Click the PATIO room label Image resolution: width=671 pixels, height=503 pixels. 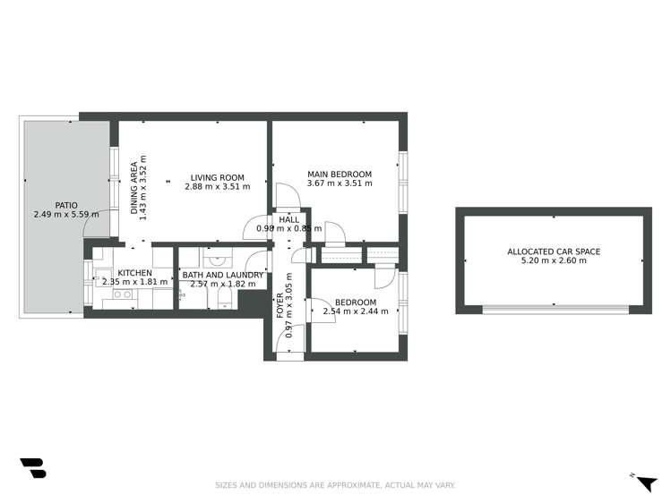pos(65,204)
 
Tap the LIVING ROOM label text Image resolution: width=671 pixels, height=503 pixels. pos(217,176)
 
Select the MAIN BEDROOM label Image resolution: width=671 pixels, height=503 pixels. pos(339,174)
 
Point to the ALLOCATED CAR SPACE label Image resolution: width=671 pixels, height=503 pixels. pos(553,251)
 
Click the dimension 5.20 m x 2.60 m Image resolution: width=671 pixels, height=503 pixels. pos(553,261)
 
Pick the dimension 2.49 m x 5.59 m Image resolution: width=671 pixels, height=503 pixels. pos(65,215)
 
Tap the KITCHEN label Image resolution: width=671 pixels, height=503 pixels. pos(133,273)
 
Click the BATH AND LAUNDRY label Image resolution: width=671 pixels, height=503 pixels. pos(222,275)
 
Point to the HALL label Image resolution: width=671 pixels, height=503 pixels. pos(289,219)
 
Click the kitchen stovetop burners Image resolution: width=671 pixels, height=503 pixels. pos(122,294)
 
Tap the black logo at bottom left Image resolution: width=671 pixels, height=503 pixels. pos(32,468)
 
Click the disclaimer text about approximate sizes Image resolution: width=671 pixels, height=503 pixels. pos(335,485)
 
